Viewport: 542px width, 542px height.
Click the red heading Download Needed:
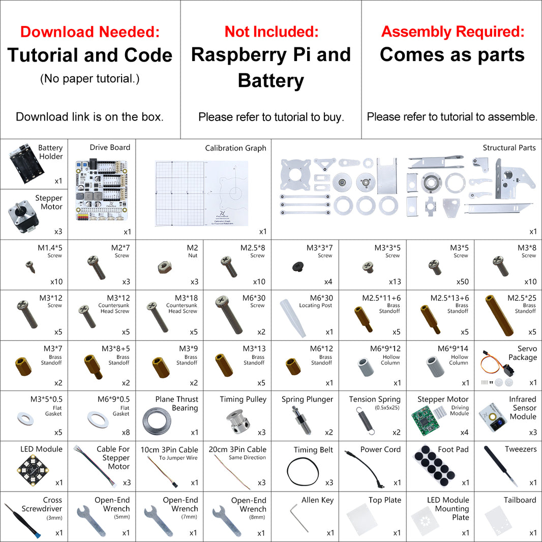(x=90, y=32)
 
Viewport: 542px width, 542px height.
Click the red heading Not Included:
(x=271, y=32)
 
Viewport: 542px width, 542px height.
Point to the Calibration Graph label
(x=235, y=148)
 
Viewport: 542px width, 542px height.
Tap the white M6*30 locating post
(x=295, y=317)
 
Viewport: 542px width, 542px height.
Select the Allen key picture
(x=299, y=517)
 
